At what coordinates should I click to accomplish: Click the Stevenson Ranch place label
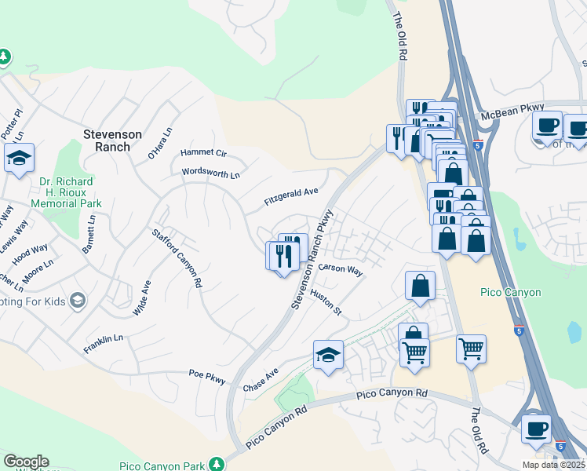point(112,141)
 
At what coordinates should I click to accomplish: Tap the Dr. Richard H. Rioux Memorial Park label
point(67,192)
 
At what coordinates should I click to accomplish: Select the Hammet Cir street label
point(203,153)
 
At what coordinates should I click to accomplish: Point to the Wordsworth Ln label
point(210,173)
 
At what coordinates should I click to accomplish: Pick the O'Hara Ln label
point(159,144)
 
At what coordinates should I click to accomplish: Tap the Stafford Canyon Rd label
point(177,258)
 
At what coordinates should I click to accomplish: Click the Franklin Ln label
point(104,342)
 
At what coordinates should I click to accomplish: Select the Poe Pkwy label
point(207,377)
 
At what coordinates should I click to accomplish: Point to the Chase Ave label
point(261,382)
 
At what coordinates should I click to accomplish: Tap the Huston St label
point(326,302)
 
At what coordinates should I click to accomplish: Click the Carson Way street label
point(341,269)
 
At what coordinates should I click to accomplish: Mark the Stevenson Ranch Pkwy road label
point(313,259)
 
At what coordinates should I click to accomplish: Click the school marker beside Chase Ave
point(329,355)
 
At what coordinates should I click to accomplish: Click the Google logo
point(26,462)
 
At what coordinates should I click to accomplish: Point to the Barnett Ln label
point(90,235)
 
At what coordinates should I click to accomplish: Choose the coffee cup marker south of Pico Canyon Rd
point(537,429)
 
